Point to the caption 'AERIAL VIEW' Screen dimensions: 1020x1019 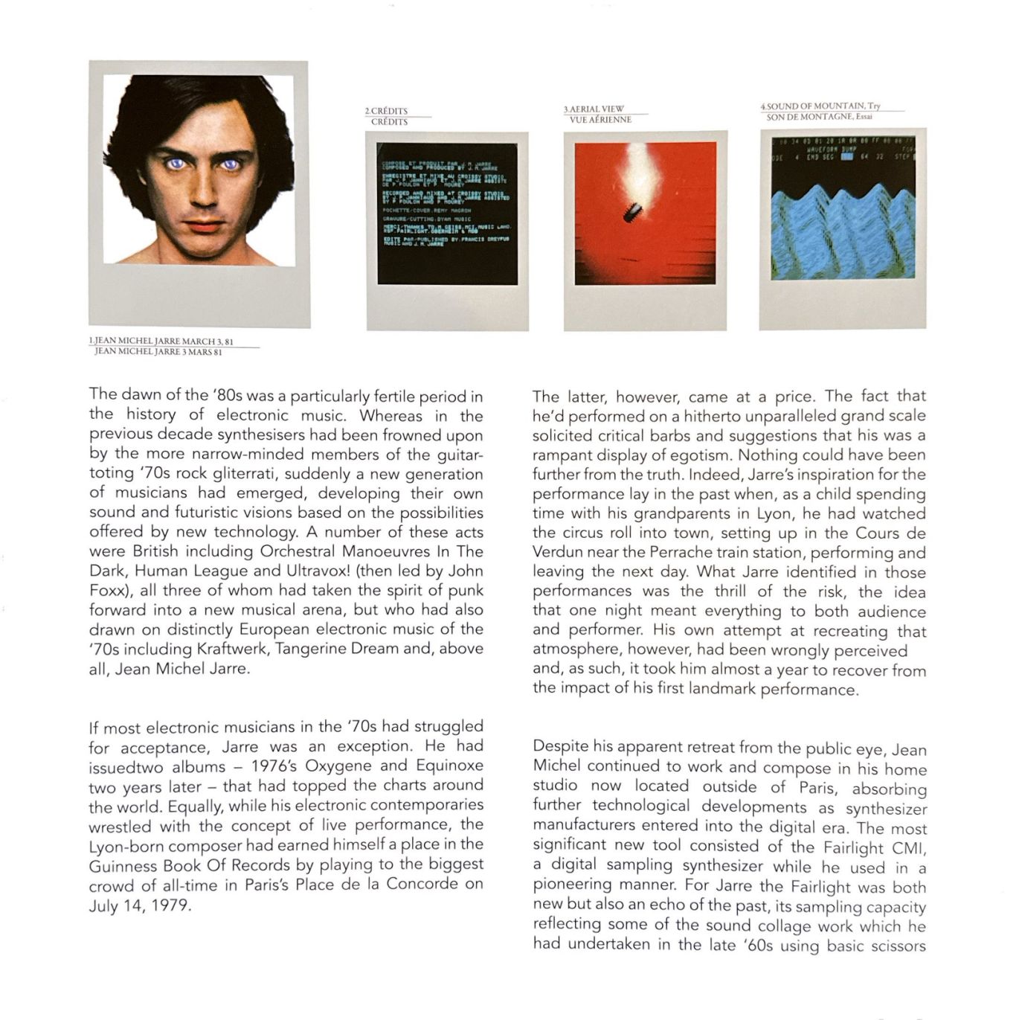coord(597,109)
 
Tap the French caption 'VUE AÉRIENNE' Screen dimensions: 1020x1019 coord(600,120)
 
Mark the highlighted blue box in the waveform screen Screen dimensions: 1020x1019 coord(846,157)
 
